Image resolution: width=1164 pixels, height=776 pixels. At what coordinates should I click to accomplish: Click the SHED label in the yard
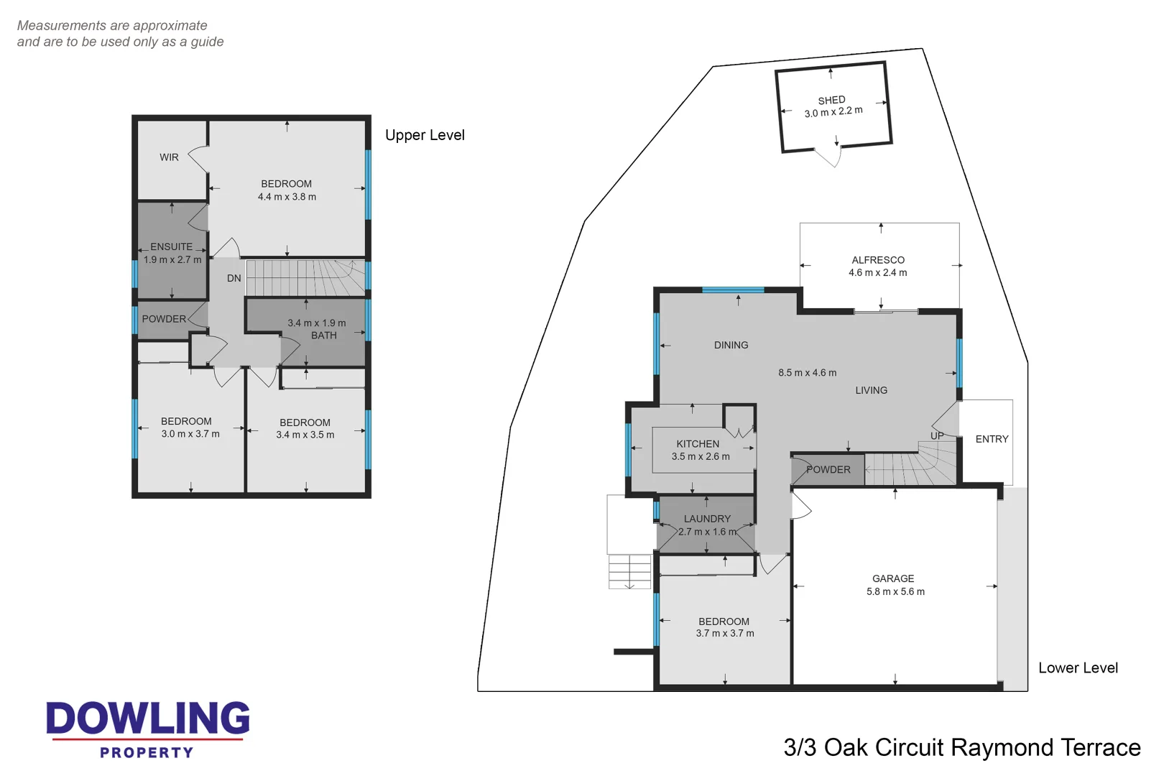click(831, 100)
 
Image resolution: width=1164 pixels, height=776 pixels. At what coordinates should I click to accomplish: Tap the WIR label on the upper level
click(169, 157)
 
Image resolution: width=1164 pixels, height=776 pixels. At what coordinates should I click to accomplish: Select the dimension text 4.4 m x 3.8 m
click(287, 196)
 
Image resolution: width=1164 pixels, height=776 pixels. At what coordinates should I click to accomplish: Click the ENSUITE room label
click(172, 247)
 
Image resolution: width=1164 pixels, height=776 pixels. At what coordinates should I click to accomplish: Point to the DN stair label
click(234, 278)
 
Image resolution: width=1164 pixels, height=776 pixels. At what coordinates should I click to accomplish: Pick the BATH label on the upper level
click(324, 336)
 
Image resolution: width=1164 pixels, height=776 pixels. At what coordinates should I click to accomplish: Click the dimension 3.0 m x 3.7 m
click(190, 433)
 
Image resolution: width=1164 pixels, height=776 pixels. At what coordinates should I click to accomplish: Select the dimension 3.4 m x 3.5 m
click(305, 435)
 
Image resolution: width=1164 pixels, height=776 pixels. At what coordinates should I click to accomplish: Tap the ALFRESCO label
click(878, 260)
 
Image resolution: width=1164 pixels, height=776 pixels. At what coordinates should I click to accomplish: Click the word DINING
click(731, 345)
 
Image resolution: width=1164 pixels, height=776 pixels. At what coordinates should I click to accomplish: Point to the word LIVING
click(872, 390)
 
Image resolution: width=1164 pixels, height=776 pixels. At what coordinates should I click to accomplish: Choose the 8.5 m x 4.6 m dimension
click(808, 373)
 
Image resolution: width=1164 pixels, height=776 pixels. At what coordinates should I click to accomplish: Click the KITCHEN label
click(698, 444)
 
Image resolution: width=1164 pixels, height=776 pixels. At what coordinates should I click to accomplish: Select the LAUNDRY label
click(707, 519)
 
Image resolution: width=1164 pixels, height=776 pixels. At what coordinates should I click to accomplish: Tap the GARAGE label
click(893, 578)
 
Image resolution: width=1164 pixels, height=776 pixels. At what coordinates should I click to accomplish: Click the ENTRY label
click(992, 439)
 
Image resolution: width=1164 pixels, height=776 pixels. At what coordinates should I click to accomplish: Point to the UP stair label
click(937, 436)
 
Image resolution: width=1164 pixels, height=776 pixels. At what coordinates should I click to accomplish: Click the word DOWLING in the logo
click(148, 718)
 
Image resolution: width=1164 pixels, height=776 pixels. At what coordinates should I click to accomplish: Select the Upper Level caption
click(425, 135)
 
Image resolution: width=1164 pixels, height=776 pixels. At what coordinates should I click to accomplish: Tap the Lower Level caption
click(1078, 668)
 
